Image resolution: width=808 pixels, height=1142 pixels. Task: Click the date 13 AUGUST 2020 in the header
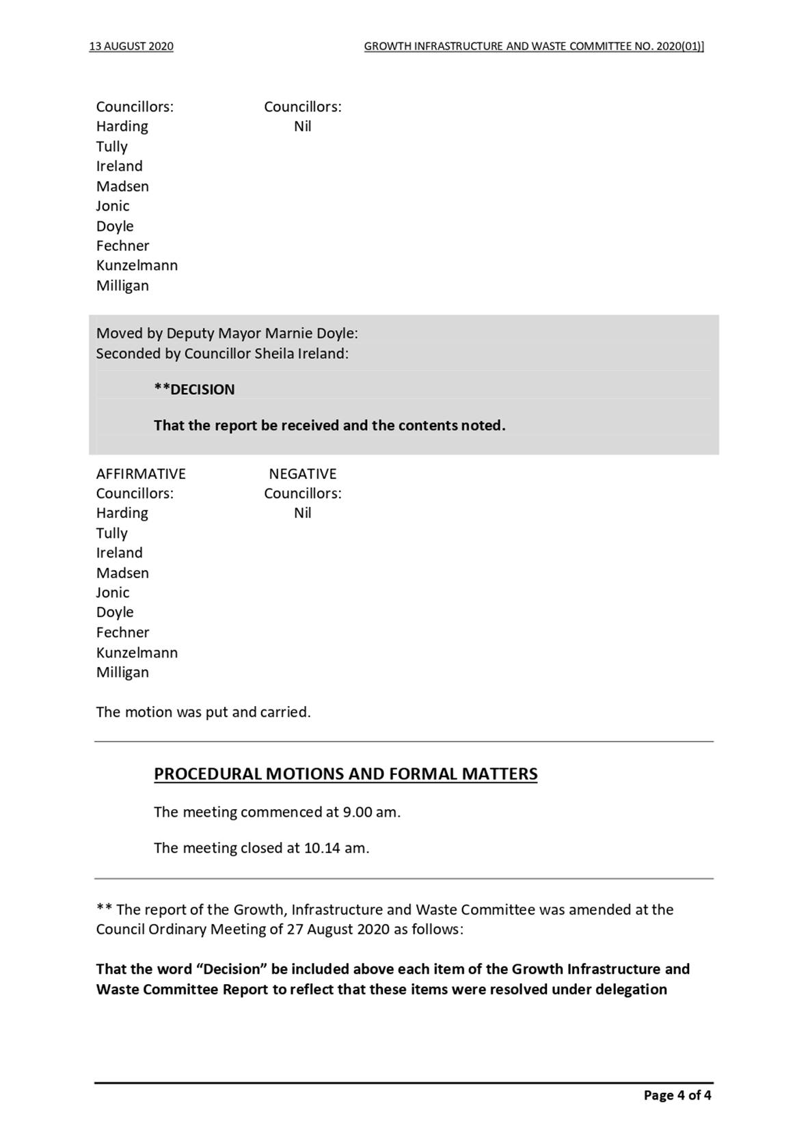click(x=131, y=46)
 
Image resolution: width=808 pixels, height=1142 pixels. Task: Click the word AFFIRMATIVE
click(x=141, y=474)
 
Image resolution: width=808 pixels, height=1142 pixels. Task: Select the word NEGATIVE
click(x=303, y=474)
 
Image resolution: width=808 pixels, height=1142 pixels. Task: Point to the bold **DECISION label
click(x=194, y=390)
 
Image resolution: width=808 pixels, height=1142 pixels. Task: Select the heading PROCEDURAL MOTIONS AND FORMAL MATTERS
click(x=345, y=774)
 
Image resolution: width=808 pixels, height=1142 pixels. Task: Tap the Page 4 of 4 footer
click(x=677, y=1096)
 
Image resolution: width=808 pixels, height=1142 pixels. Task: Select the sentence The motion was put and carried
click(x=203, y=712)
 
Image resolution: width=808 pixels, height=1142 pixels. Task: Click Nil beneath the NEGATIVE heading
click(x=303, y=513)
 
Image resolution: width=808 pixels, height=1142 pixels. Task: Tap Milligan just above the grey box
click(x=122, y=286)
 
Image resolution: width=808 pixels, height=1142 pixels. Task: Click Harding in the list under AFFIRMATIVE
click(x=122, y=513)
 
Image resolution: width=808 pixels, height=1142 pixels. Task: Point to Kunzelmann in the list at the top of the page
click(x=137, y=265)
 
